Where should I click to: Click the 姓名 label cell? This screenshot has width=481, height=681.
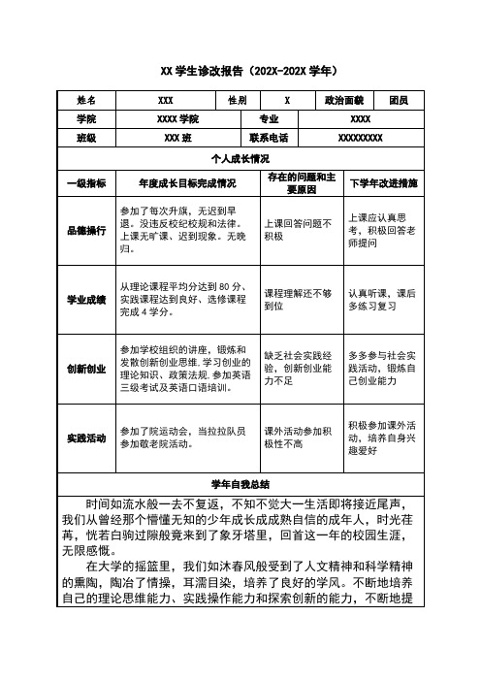[x=86, y=100]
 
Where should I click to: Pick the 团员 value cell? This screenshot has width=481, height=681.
[x=398, y=100]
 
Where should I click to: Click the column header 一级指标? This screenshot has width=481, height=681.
[x=86, y=182]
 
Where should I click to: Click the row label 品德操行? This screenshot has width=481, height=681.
[x=86, y=230]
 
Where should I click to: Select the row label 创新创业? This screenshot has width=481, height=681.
[x=86, y=369]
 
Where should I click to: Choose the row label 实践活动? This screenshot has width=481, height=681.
[x=86, y=438]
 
